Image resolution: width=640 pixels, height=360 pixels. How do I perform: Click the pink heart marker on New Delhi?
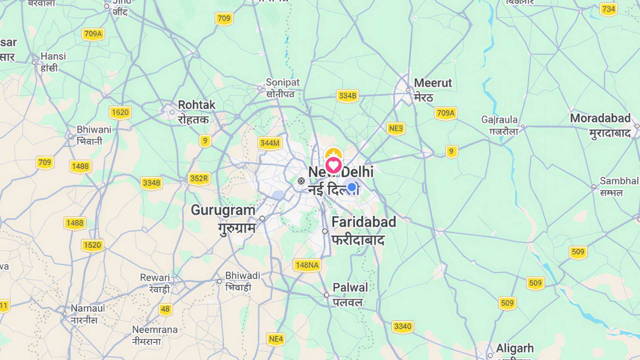pyautogui.click(x=333, y=165)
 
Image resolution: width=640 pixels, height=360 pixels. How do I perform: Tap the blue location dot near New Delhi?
pyautogui.click(x=352, y=187)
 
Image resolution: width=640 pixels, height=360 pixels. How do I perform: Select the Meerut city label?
pyautogui.click(x=433, y=83)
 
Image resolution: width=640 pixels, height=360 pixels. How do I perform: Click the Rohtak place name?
pyautogui.click(x=196, y=105)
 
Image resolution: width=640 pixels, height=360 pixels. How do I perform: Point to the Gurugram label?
pyautogui.click(x=223, y=210)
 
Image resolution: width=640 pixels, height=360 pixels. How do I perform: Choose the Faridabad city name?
pyautogui.click(x=364, y=222)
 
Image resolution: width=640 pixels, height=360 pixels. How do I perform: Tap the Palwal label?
pyautogui.click(x=350, y=287)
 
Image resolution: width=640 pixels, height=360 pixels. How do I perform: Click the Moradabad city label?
pyautogui.click(x=600, y=118)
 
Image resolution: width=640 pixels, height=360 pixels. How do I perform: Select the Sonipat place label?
pyautogui.click(x=283, y=82)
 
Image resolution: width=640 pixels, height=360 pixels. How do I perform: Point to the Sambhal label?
pyautogui.click(x=619, y=181)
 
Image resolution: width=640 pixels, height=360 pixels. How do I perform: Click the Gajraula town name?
pyautogui.click(x=499, y=120)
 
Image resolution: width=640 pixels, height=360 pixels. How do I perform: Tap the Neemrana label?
pyautogui.click(x=155, y=330)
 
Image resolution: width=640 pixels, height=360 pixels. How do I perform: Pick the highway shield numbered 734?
pyautogui.click(x=608, y=9)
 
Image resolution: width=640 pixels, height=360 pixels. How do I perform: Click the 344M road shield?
pyautogui.click(x=270, y=143)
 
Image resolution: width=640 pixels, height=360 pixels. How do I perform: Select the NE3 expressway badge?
pyautogui.click(x=396, y=129)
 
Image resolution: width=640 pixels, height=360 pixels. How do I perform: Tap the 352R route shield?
pyautogui.click(x=199, y=179)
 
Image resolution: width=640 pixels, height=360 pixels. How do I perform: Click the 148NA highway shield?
pyautogui.click(x=307, y=265)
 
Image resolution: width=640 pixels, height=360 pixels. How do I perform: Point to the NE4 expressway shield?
pyautogui.click(x=276, y=339)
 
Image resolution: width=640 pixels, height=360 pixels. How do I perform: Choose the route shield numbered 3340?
pyautogui.click(x=403, y=327)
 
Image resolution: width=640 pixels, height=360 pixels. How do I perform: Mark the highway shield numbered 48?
pyautogui.click(x=165, y=309)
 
